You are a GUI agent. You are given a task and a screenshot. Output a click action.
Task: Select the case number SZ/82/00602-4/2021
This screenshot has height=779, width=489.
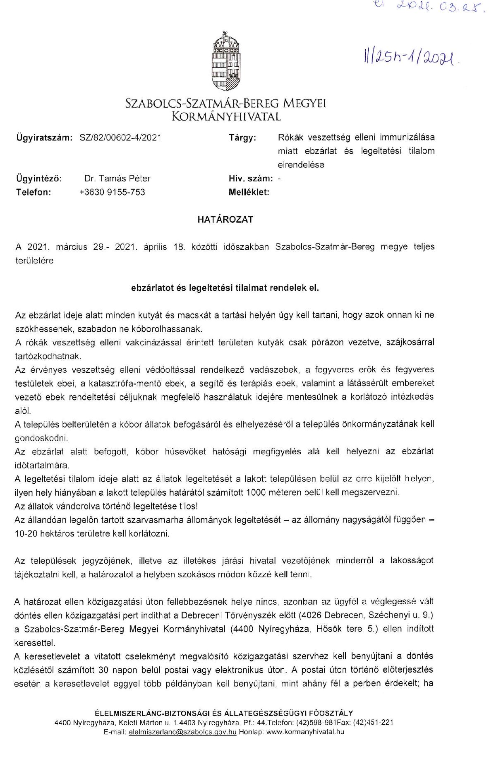[x=120, y=137]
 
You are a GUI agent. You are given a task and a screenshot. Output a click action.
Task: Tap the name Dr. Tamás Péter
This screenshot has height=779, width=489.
[x=117, y=178]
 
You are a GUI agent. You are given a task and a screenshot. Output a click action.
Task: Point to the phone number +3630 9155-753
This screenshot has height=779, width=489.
[x=112, y=192]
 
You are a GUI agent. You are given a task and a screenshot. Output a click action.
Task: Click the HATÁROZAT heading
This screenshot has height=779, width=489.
[x=225, y=219]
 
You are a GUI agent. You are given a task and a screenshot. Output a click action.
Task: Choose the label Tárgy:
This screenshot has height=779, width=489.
[x=242, y=137]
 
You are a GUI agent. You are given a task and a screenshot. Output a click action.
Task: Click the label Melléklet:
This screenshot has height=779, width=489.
[x=249, y=192]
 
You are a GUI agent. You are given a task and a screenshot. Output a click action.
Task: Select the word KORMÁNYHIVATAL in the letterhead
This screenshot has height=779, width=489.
[x=226, y=117]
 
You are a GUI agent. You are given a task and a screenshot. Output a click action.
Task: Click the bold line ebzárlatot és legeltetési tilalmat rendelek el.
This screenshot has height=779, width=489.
[x=225, y=288]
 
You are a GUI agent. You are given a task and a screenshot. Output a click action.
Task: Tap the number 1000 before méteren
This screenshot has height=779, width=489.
[x=256, y=492]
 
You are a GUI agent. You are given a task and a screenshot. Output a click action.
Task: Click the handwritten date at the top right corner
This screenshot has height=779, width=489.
[x=430, y=8]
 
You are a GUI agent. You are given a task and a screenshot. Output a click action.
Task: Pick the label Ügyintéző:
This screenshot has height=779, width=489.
[x=39, y=178]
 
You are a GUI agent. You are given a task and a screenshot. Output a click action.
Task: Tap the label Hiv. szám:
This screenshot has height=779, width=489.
[x=251, y=178]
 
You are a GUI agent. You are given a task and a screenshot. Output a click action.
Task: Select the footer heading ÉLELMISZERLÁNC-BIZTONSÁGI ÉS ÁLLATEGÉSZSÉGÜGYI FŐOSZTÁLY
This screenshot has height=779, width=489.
[x=224, y=713]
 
